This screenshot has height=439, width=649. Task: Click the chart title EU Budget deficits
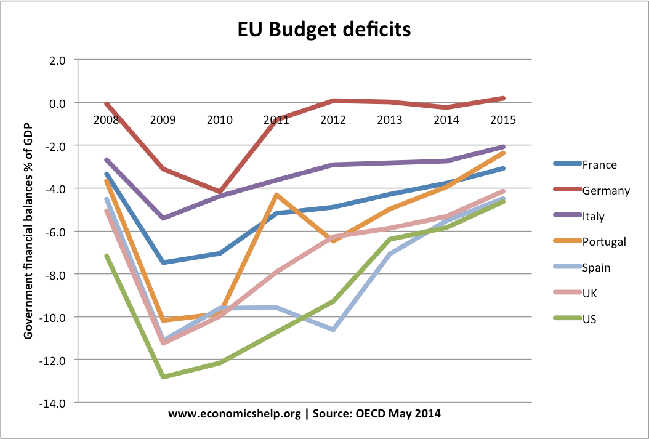pos(324,30)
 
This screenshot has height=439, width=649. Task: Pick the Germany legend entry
pos(606,190)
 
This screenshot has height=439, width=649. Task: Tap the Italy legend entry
pos(593,216)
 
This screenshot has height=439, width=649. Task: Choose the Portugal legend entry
pos(603,242)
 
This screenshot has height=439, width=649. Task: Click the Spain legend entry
pos(596,267)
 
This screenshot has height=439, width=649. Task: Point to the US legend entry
pos(589,319)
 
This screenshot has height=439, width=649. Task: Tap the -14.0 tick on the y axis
pos(53,403)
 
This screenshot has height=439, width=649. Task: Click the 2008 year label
pos(106,119)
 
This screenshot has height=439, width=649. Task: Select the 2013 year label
pos(390,119)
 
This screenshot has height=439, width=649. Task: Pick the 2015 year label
pos(503,119)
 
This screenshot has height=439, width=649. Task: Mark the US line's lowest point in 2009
pos(163,376)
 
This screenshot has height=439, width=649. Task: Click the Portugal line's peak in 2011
pos(276,195)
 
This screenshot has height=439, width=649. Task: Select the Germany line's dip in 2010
pos(220,192)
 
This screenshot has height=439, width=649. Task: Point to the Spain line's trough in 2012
pos(333,329)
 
